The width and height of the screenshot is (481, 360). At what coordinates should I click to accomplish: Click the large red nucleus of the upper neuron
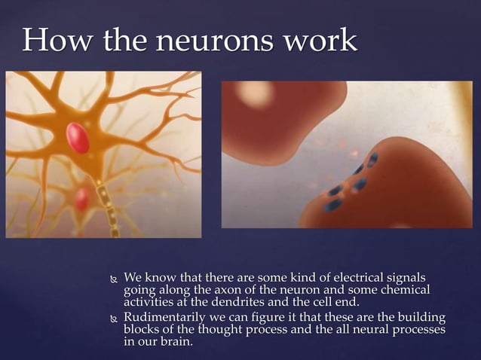[x=78, y=137]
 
